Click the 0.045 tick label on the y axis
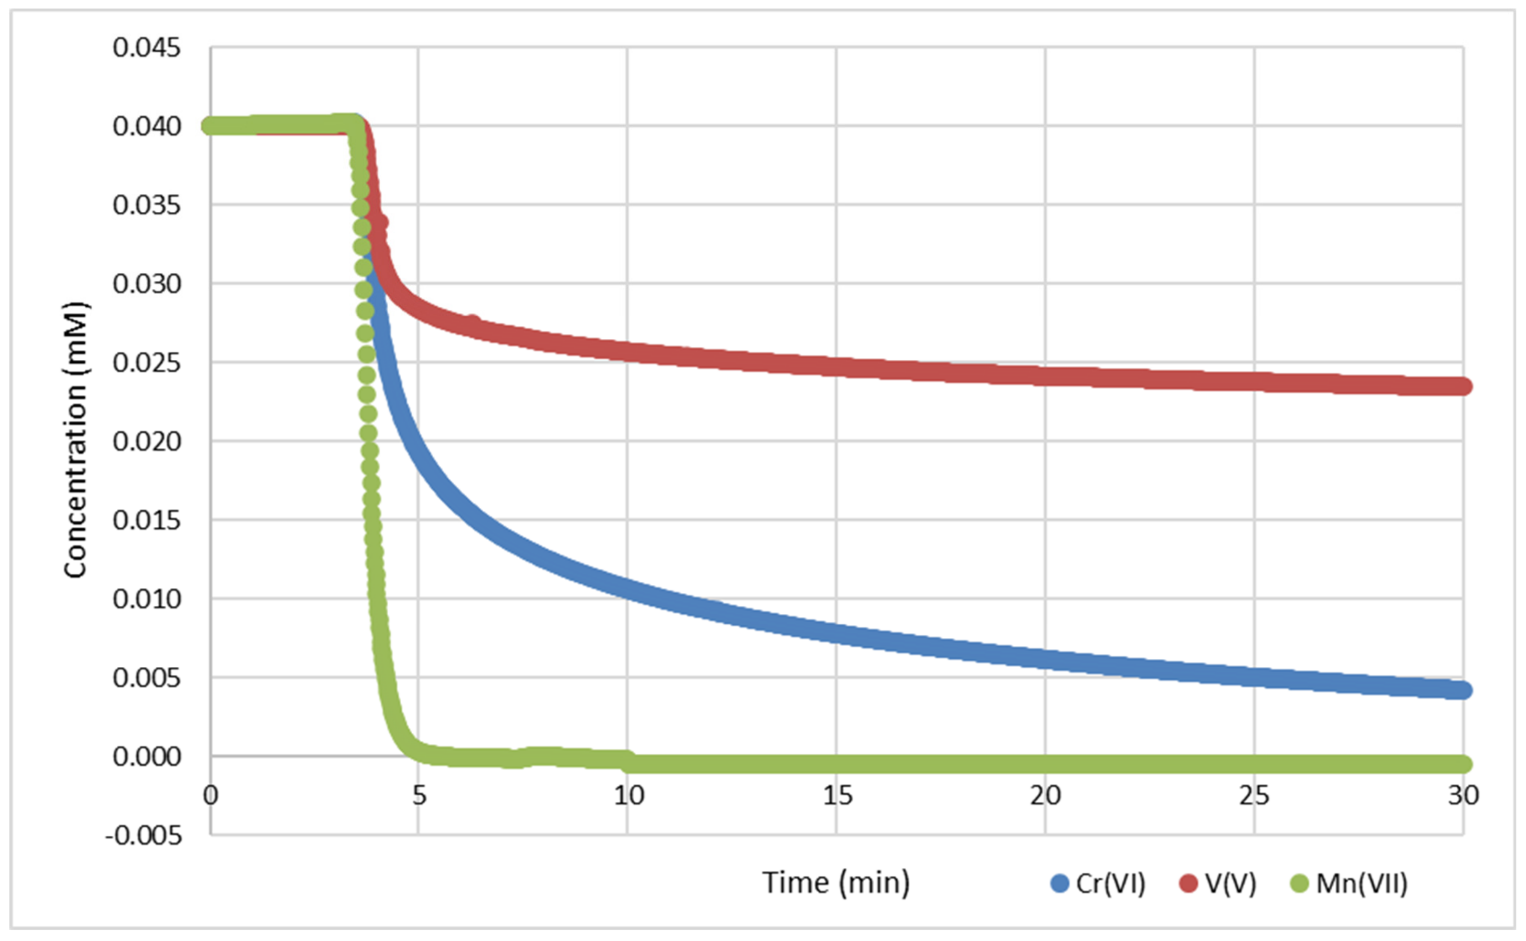[147, 47]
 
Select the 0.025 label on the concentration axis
[147, 362]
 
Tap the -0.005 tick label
[144, 835]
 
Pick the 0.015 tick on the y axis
[147, 520]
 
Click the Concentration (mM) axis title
[75, 440]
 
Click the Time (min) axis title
[835, 882]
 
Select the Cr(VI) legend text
[1110, 883]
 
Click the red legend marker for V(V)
[1188, 883]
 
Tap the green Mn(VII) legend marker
[1300, 883]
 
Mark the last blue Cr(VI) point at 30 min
[1462, 690]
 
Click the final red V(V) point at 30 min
[1462, 387]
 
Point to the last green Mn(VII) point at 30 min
[1462, 763]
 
